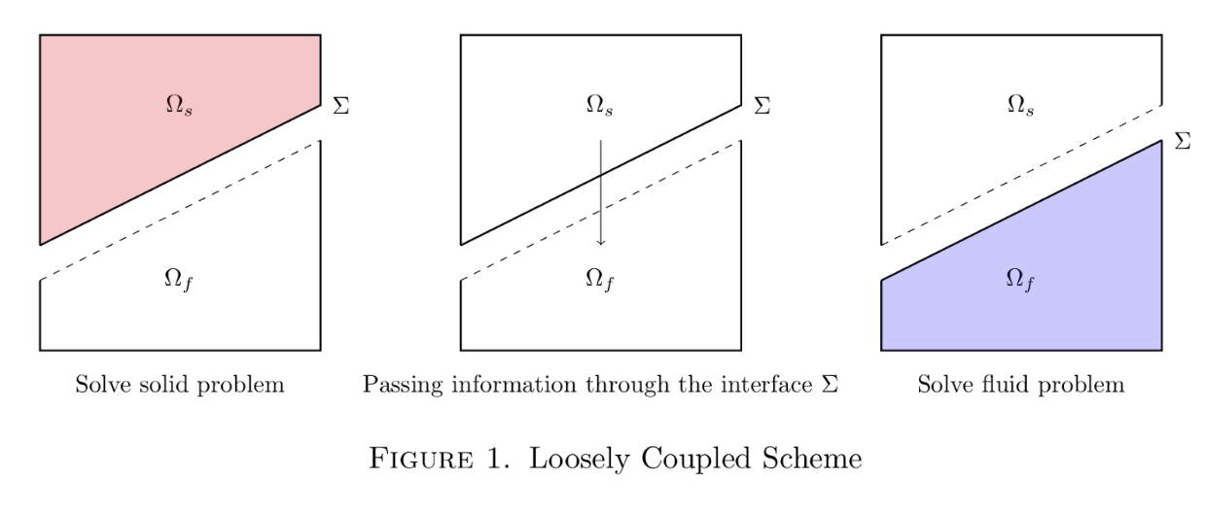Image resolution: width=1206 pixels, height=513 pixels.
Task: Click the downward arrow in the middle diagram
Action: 600,194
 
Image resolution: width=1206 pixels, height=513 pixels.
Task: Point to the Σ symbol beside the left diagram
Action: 340,106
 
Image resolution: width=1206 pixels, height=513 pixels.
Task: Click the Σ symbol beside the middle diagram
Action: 762,106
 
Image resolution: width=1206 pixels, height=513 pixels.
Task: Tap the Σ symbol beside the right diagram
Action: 1183,142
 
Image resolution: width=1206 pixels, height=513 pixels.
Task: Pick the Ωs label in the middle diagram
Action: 599,105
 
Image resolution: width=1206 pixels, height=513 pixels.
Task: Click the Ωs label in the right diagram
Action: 1019,105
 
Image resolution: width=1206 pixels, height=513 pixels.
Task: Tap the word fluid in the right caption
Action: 995,385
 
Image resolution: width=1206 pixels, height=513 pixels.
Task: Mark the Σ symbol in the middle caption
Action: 830,385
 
